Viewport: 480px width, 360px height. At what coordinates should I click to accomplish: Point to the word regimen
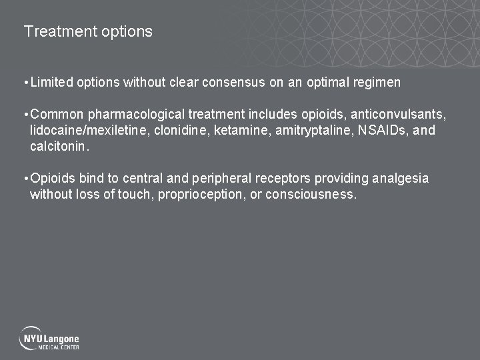[x=375, y=83]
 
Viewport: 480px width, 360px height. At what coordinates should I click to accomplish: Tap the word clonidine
[x=181, y=131]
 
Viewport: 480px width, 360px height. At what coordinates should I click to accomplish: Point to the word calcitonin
[x=59, y=147]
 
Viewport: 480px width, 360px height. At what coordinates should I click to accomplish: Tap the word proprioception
[x=201, y=195]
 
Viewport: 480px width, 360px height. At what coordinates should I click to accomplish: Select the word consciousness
[x=311, y=195]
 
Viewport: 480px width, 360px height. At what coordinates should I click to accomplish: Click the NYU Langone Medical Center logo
[x=49, y=339]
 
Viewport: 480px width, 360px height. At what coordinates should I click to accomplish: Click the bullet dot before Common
[x=25, y=115]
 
